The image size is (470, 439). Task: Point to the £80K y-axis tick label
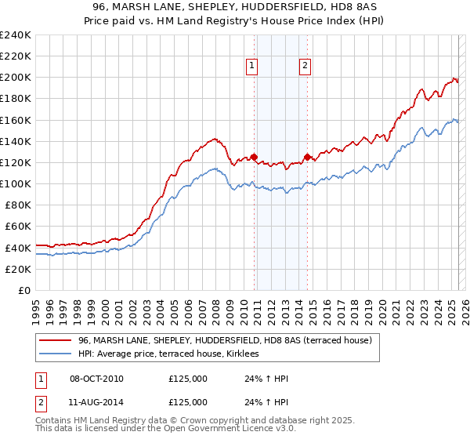pos(16,205)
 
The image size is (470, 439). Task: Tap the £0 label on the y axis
pos(23,290)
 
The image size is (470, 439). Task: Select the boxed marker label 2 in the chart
pos(304,67)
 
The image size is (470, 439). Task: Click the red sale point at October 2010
pos(254,157)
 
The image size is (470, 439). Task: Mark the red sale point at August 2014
pos(307,157)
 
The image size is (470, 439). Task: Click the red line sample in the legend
pos(56,340)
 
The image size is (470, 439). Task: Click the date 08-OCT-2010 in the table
pos(96,379)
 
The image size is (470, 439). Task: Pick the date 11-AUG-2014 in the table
pos(96,401)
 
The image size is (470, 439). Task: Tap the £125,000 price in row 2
pos(188,401)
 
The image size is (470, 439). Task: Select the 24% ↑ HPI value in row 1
pos(266,379)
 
